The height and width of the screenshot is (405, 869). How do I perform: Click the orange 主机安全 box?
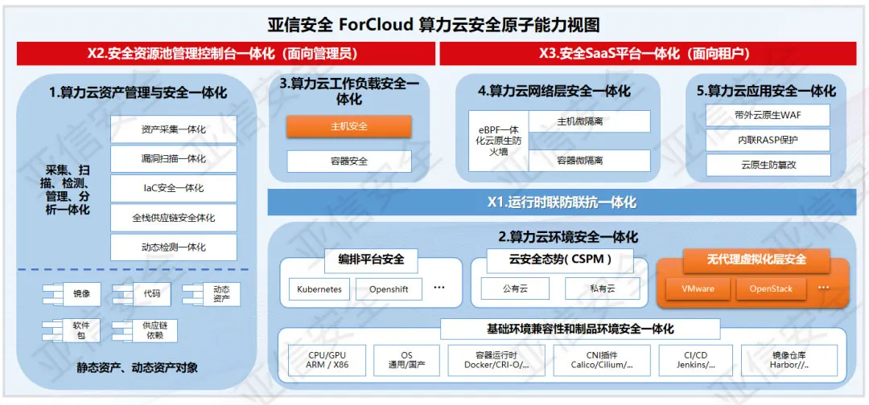[348, 127]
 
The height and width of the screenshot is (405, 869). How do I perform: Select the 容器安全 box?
[348, 161]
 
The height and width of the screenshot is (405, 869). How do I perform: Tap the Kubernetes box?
[319, 289]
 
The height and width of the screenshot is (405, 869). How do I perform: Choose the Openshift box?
[389, 289]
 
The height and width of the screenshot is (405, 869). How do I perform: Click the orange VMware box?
[698, 289]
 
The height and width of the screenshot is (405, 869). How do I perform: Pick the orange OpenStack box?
[771, 289]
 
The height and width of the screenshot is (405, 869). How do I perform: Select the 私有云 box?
[603, 288]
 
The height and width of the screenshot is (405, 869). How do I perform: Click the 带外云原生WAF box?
[768, 116]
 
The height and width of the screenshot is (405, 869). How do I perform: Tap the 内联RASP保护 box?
[768, 140]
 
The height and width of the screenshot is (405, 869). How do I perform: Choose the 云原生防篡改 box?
[768, 165]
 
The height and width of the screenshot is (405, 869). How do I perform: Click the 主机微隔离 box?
[579, 121]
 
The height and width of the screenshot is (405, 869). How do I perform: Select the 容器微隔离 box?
[579, 161]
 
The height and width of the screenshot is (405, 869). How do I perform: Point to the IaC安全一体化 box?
[174, 188]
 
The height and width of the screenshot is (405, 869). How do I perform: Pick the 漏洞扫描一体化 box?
[174, 158]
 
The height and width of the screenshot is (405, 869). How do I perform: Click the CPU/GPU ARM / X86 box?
[327, 360]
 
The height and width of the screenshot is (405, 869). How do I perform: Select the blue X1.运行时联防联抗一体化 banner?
[561, 202]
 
